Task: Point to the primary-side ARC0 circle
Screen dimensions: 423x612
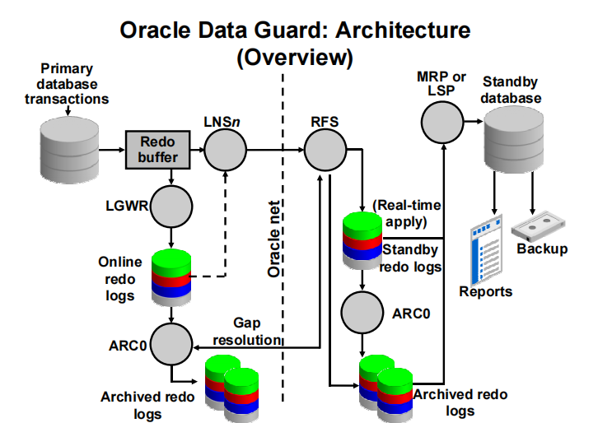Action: tap(171, 342)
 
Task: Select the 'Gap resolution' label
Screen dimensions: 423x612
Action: tap(246, 332)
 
